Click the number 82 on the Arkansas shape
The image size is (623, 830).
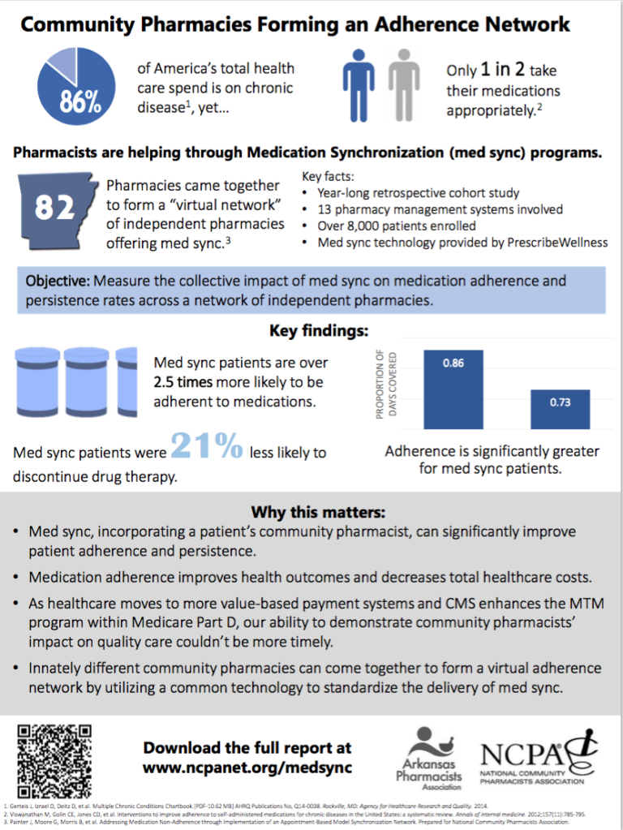[x=55, y=209]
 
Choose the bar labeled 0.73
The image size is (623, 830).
[x=560, y=409]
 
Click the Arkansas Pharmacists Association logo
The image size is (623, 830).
[x=429, y=758]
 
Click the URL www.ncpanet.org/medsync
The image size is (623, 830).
[x=247, y=767]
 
